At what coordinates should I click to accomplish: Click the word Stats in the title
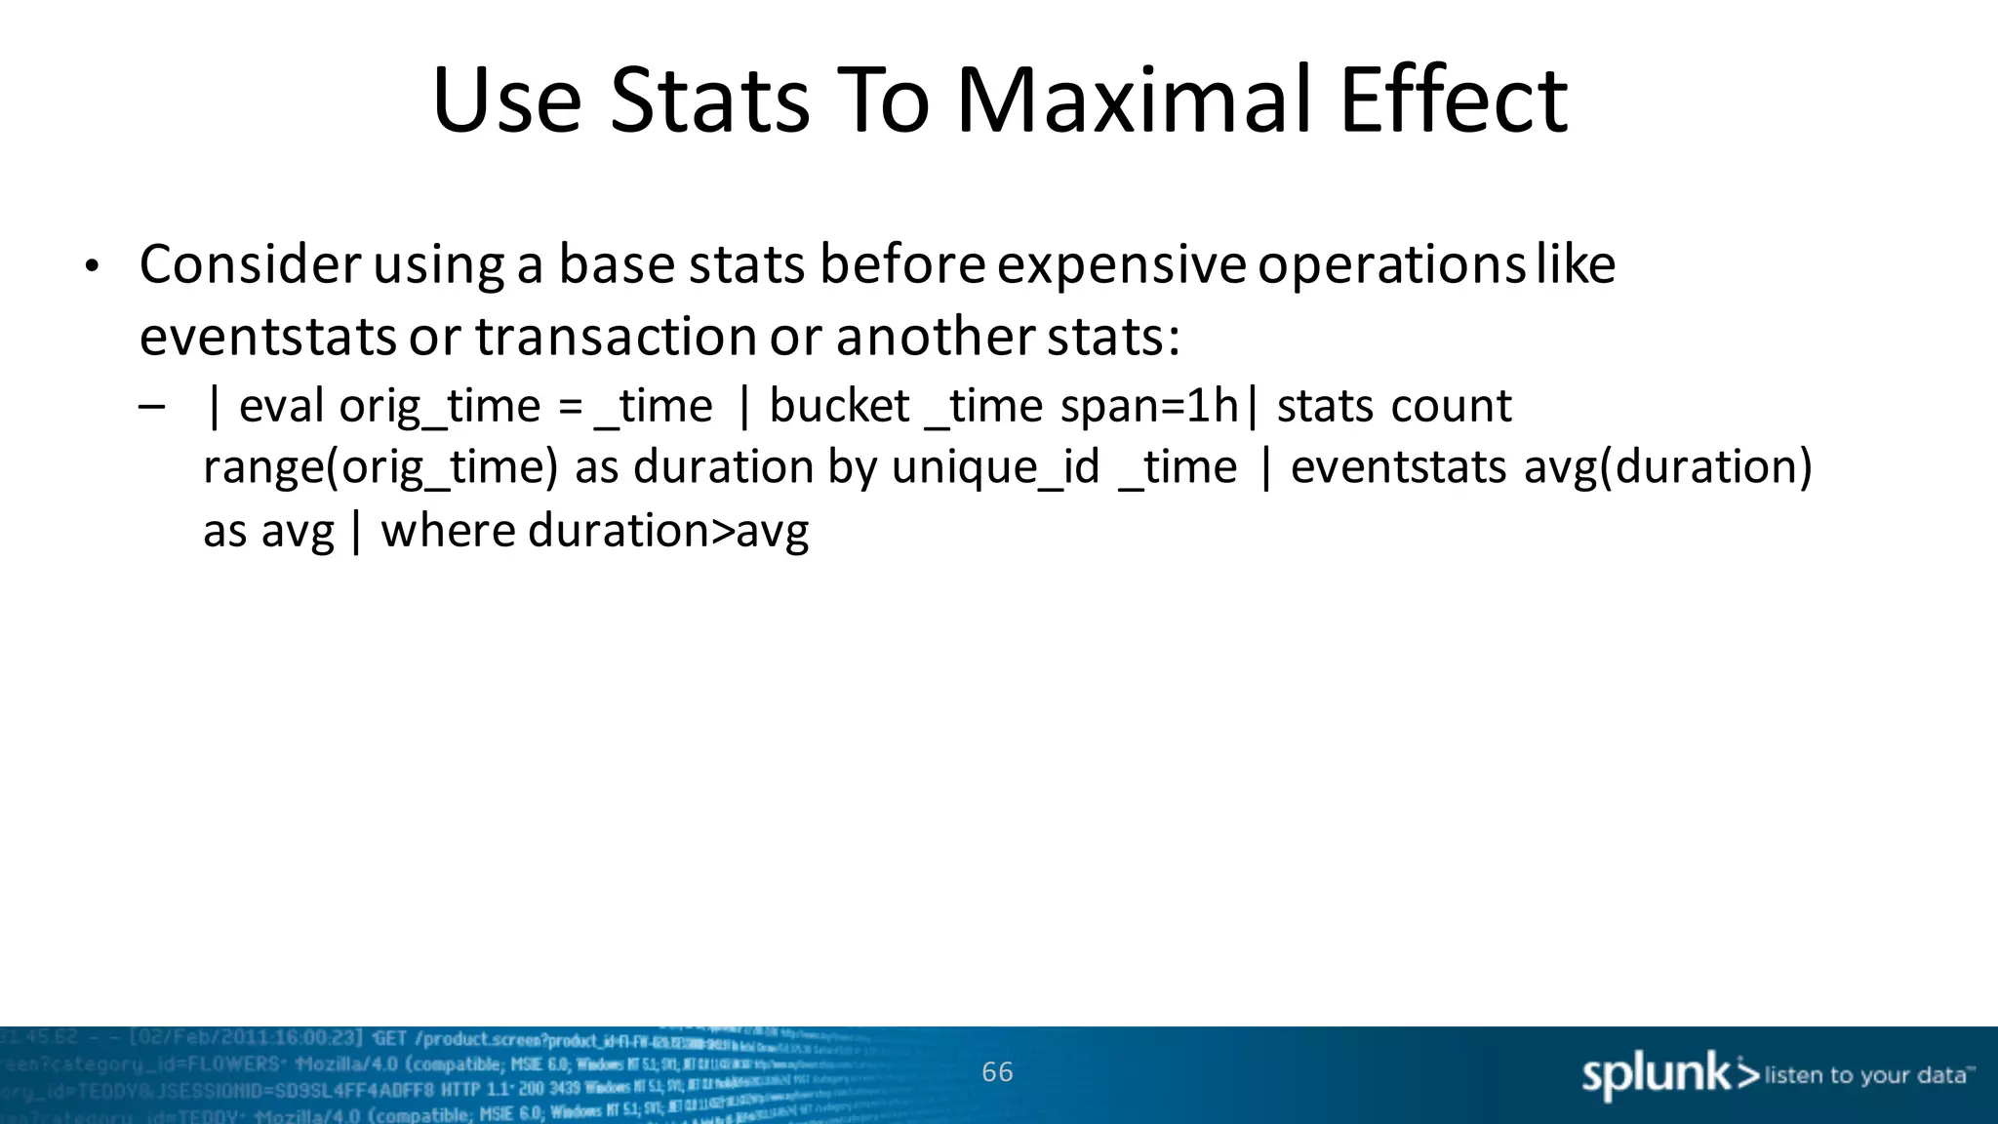click(x=709, y=100)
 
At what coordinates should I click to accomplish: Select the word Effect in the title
click(x=1454, y=100)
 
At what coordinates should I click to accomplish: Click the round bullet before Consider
click(x=92, y=266)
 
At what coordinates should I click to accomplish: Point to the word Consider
click(x=251, y=264)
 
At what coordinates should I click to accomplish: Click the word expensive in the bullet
click(x=1121, y=264)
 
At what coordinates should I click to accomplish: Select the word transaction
click(x=616, y=337)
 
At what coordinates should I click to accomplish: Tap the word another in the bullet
click(x=935, y=337)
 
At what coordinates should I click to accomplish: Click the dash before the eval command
click(x=152, y=405)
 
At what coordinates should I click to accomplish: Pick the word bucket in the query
click(x=839, y=406)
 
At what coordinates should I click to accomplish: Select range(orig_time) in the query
click(x=380, y=468)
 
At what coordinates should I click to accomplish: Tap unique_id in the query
click(x=995, y=468)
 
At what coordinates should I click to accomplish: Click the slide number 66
click(x=997, y=1072)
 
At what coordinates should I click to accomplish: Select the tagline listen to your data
click(x=1865, y=1076)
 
